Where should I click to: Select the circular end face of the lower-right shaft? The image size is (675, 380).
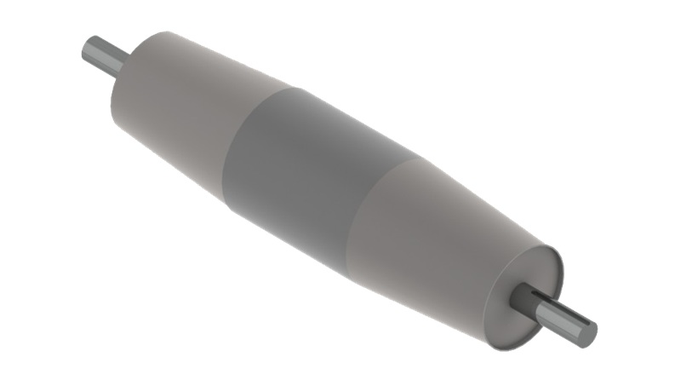tap(586, 333)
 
